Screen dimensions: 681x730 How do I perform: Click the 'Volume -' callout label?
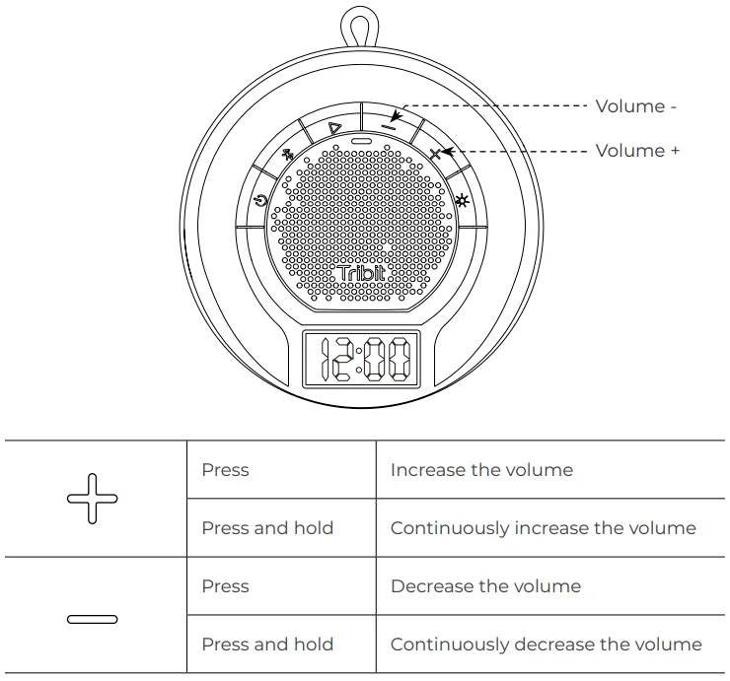(635, 106)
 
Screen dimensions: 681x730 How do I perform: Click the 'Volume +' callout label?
(637, 151)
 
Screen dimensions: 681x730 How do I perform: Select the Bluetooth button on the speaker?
(288, 155)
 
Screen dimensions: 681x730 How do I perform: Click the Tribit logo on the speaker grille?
(362, 275)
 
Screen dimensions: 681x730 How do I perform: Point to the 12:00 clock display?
(360, 360)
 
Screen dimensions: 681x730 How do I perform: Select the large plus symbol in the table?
(92, 498)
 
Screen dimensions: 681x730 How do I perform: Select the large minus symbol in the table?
(92, 619)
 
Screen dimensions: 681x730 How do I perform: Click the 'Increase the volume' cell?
(481, 470)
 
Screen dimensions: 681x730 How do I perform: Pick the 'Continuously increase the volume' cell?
(543, 528)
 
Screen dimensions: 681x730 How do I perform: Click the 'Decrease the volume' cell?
(485, 586)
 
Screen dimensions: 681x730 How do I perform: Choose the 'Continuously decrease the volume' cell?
(546, 645)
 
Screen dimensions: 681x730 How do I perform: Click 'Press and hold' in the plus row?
(267, 528)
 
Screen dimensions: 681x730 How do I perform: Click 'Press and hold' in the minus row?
(267, 645)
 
